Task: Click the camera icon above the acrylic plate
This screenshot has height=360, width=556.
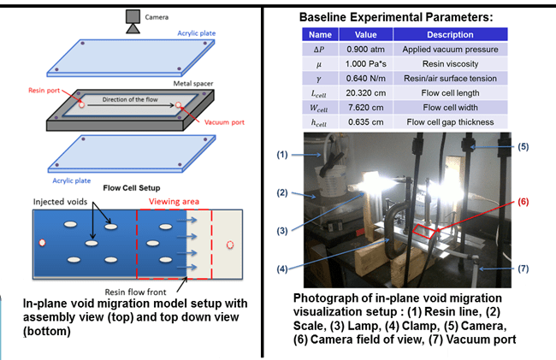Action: point(133,21)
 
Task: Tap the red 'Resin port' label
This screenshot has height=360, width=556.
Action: point(44,91)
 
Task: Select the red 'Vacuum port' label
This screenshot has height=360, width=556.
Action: point(224,122)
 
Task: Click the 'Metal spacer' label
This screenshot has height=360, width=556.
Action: point(193,84)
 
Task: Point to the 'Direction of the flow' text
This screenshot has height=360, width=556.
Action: point(130,99)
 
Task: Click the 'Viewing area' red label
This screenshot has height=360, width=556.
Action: point(174,202)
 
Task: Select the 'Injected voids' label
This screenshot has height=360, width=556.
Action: point(60,202)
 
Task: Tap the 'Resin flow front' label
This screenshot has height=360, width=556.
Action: point(135,292)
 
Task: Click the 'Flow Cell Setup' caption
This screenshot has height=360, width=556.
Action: point(132,188)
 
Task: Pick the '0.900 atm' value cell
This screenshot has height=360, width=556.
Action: point(365,50)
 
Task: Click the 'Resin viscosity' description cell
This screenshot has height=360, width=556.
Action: point(450,64)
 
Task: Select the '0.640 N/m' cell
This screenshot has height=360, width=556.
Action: point(365,79)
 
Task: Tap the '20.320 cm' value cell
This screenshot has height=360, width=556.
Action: point(365,93)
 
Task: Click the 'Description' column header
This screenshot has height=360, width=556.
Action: point(450,34)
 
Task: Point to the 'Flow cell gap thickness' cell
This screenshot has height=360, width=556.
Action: point(450,122)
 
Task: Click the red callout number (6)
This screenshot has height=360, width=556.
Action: point(523,202)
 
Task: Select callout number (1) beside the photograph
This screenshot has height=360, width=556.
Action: point(282,155)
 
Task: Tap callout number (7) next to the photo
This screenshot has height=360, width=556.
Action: point(523,269)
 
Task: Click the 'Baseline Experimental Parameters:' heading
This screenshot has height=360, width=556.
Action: point(396,17)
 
